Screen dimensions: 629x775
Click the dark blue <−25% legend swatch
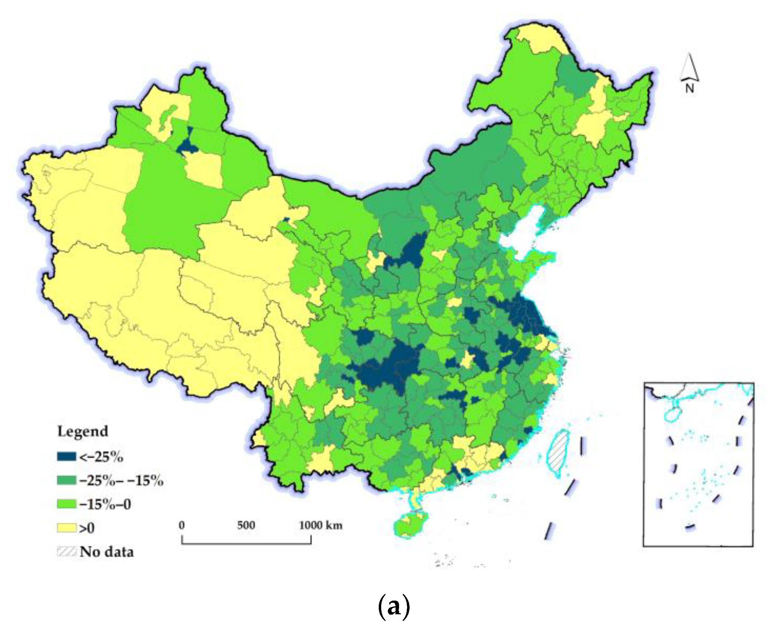pos(66,457)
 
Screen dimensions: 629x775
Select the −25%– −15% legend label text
pos(121,481)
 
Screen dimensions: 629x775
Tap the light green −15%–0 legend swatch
pos(66,504)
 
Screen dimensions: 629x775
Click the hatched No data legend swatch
pos(66,552)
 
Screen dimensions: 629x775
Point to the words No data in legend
pos(107,552)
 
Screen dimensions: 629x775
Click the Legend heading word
pos(83,431)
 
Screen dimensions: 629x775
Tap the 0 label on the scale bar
pos(181,525)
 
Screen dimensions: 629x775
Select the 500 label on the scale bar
pos(246,525)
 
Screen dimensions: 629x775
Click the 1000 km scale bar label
pos(320,525)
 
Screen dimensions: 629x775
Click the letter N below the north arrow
pos(690,88)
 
